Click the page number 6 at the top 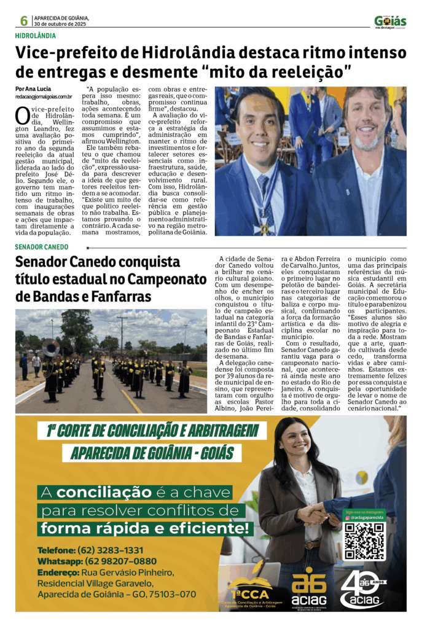tap(23, 21)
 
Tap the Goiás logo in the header tap(390, 22)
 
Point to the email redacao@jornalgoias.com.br tap(44, 97)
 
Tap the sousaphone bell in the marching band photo tap(50, 348)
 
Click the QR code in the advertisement tap(364, 541)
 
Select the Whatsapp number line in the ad tap(97, 561)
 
